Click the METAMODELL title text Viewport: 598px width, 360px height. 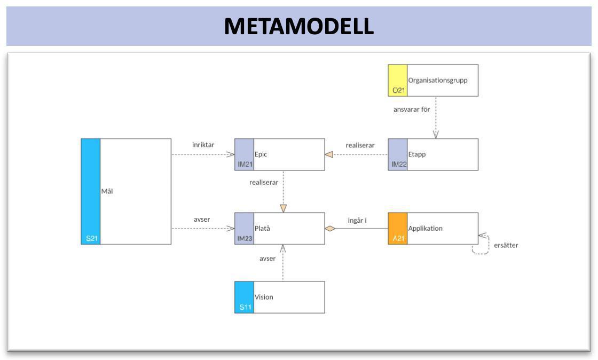[x=298, y=26]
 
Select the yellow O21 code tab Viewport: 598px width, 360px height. [x=398, y=81]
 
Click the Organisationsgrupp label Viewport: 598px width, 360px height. [x=437, y=81]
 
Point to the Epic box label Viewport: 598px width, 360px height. [x=261, y=154]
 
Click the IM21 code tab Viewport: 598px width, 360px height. [x=244, y=155]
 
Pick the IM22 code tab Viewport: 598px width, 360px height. [x=398, y=155]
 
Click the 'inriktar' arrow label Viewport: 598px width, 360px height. [x=203, y=145]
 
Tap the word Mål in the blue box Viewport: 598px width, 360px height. [x=107, y=191]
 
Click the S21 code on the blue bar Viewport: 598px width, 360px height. [x=91, y=238]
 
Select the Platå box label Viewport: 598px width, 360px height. [x=262, y=229]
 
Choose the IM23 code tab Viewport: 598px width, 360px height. [x=244, y=229]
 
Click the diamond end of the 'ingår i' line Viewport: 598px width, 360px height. [x=330, y=229]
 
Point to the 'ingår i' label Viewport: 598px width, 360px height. [x=357, y=220]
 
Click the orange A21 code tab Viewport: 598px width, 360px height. [x=398, y=229]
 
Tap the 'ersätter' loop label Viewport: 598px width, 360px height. [x=506, y=245]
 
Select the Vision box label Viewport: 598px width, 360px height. [x=263, y=297]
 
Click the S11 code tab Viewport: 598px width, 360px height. [x=244, y=298]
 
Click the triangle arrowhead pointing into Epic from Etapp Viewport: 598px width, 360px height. [x=329, y=154]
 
